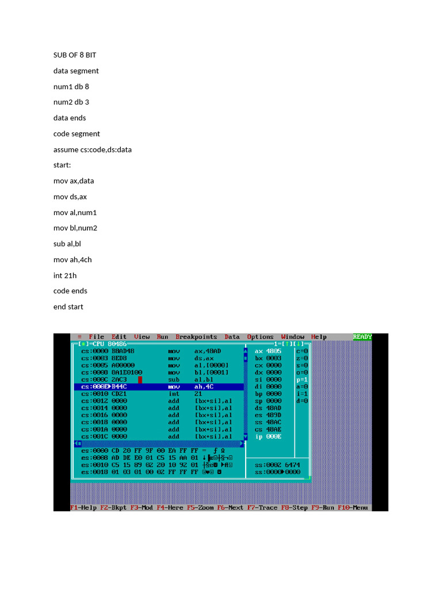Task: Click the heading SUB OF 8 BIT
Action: [x=79, y=55]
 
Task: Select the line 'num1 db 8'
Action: [x=71, y=86]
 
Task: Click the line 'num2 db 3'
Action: [x=71, y=102]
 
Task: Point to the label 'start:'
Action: [x=62, y=165]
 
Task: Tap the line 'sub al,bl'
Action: [x=67, y=244]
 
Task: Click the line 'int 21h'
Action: [x=65, y=276]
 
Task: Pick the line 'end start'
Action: [x=68, y=307]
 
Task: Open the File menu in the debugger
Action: [x=96, y=337]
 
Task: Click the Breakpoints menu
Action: [x=196, y=337]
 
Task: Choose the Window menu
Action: [x=293, y=337]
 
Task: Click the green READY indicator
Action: [x=362, y=337]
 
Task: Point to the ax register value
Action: [x=273, y=351]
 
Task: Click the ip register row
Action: [x=268, y=437]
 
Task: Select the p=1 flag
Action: [x=302, y=380]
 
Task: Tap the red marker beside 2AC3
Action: [x=140, y=380]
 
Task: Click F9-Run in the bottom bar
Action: [x=323, y=508]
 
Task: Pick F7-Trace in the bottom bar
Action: [x=262, y=508]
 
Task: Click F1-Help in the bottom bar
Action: [x=83, y=508]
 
